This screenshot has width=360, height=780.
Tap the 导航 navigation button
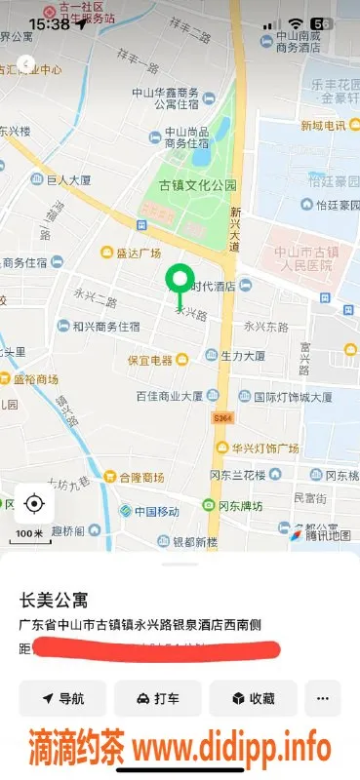click(62, 698)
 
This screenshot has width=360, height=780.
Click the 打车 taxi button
click(157, 698)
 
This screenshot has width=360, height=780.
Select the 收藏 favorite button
click(253, 698)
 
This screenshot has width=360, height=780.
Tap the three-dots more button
click(322, 698)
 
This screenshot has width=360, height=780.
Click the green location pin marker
click(179, 283)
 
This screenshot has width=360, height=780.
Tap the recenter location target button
click(34, 503)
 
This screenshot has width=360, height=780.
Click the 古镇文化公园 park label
click(198, 184)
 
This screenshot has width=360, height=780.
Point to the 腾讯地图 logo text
click(326, 535)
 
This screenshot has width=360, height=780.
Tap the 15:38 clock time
click(49, 23)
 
